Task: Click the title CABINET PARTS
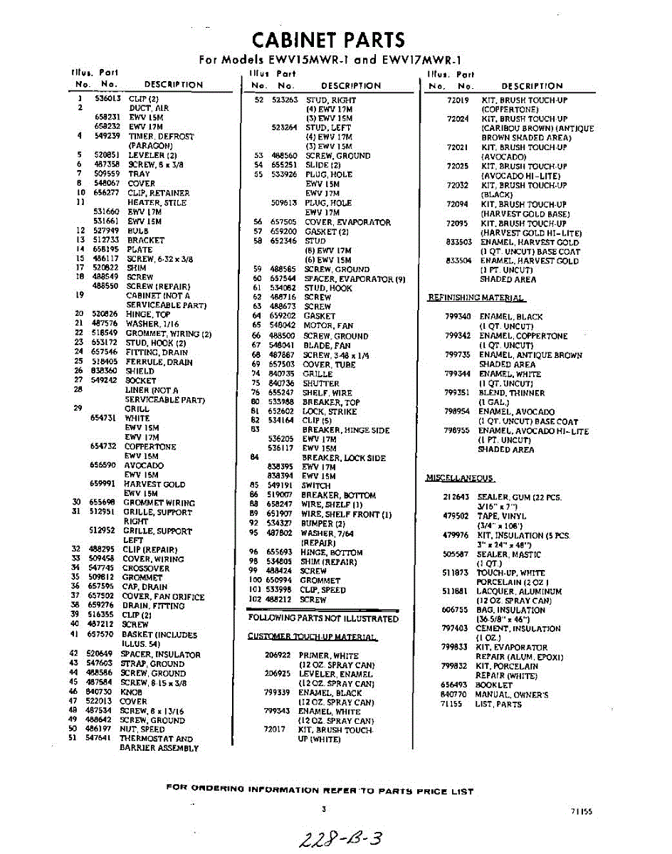pos(329,40)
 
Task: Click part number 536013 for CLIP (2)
pos(108,99)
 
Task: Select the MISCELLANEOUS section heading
pos(460,478)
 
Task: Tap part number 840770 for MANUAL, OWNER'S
pos(453,694)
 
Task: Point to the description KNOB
pos(132,692)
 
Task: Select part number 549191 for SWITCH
pos(280,485)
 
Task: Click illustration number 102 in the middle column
pos(256,599)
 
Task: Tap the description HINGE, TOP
pos(147,314)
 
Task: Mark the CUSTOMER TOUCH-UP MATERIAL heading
pos(313,636)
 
